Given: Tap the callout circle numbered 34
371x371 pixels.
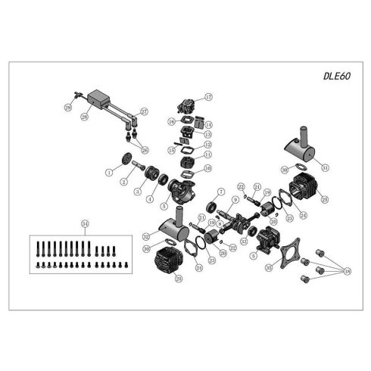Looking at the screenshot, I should point(85,223).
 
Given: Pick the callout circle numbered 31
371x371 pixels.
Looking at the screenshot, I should point(326,167).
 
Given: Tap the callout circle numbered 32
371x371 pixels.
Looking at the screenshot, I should point(145,236).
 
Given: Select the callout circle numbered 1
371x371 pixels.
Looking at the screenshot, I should point(109,173).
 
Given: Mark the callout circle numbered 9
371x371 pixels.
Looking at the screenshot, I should point(235,200).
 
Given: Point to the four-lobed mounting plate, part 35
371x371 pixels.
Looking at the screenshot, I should point(291,254).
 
